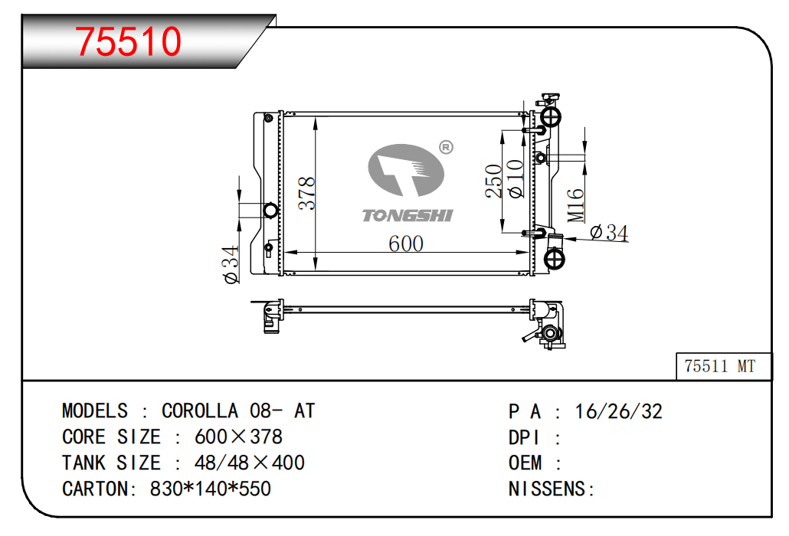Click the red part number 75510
click(x=128, y=41)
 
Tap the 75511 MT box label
click(x=719, y=366)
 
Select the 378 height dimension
click(x=306, y=193)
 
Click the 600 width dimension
click(x=405, y=243)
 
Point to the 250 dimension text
click(x=493, y=181)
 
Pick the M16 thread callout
click(x=575, y=206)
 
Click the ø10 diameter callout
click(x=515, y=179)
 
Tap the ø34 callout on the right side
click(x=609, y=233)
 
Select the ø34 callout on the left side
click(x=231, y=264)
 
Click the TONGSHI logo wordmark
click(x=407, y=216)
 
